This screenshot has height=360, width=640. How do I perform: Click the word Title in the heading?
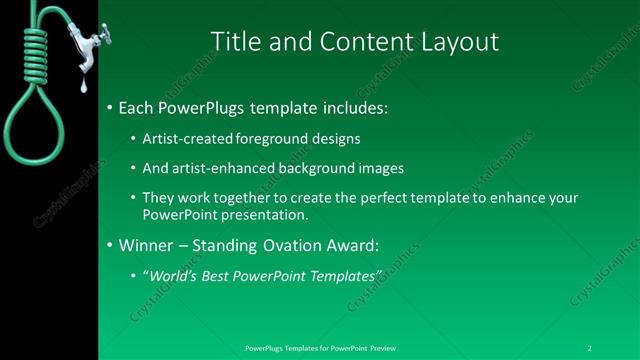tap(237, 41)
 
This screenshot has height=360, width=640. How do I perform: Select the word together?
tap(245, 198)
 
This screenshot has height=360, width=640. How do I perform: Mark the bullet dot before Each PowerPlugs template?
tap(109, 107)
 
